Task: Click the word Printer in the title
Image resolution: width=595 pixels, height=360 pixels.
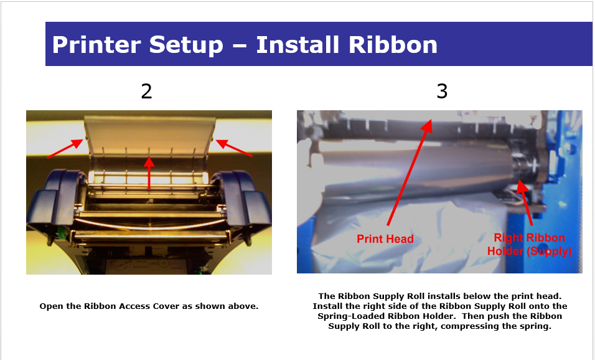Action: (96, 45)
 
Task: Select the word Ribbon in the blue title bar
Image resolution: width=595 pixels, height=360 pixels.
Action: (393, 45)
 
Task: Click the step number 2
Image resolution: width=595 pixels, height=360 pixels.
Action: (146, 92)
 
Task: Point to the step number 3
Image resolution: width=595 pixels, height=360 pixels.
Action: (442, 92)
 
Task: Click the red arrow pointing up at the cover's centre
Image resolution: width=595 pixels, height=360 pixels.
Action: (149, 173)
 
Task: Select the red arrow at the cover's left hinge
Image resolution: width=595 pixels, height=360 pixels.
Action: (65, 148)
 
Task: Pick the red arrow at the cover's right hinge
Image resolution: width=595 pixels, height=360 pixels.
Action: (234, 148)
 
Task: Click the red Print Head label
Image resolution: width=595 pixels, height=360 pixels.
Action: (385, 239)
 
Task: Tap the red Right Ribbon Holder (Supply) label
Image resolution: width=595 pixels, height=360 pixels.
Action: (530, 244)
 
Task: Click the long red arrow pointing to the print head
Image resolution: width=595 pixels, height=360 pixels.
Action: (410, 172)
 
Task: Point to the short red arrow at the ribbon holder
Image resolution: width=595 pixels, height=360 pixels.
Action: (525, 203)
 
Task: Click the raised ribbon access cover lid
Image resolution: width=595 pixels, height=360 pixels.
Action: (149, 136)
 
